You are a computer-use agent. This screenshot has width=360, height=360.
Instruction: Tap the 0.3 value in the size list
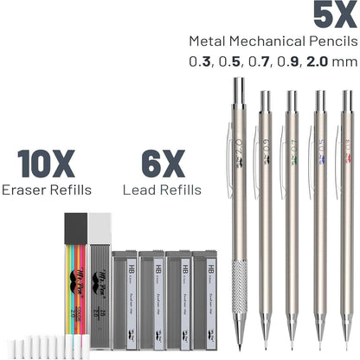pos(196,62)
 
